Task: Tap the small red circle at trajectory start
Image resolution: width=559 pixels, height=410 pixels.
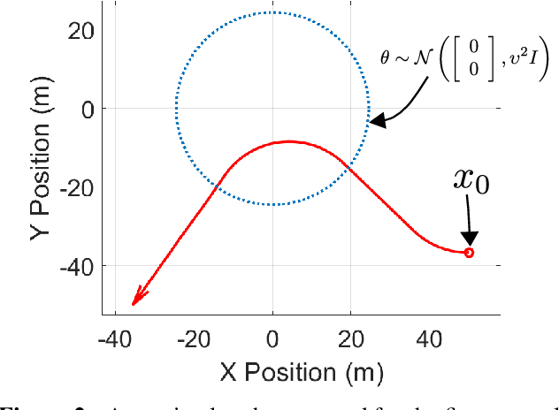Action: click(x=469, y=253)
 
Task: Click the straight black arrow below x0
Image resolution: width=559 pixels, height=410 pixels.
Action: click(x=469, y=222)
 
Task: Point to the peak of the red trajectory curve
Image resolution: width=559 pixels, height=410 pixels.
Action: click(x=290, y=141)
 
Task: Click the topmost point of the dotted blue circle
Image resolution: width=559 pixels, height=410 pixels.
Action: click(x=272, y=12)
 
